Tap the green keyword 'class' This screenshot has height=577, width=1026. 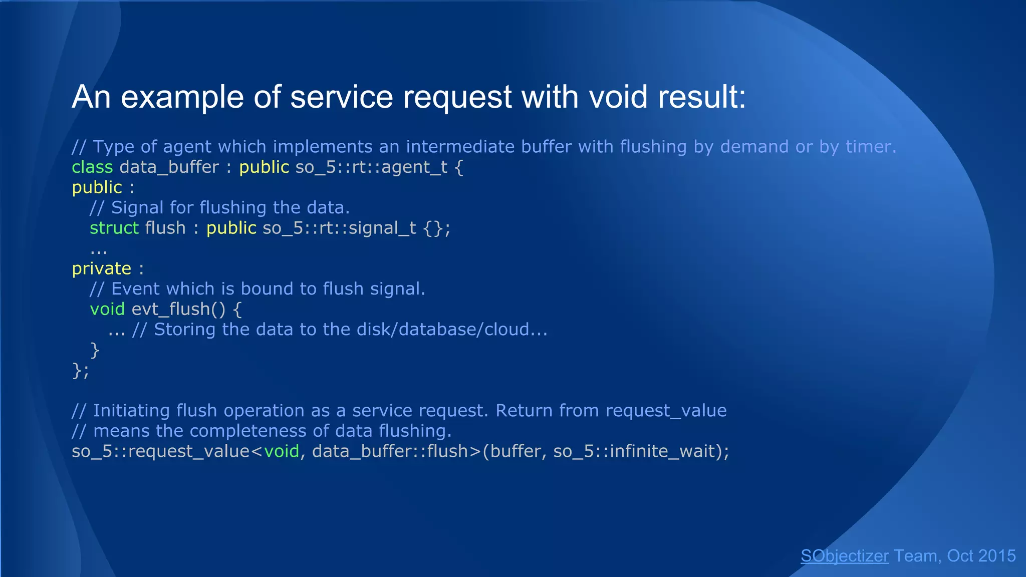click(92, 167)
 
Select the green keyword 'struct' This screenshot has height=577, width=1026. click(114, 228)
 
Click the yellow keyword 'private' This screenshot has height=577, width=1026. click(101, 268)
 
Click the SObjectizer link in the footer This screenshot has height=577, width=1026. click(844, 556)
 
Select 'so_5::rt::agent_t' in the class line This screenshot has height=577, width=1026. click(371, 167)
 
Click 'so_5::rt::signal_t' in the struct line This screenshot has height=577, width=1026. click(339, 228)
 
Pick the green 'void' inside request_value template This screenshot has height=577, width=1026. click(282, 451)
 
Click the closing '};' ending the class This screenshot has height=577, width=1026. click(80, 371)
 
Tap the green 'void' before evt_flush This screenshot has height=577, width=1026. click(107, 309)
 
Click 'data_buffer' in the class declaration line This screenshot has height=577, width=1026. click(169, 167)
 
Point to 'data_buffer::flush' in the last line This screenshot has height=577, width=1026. click(390, 451)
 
